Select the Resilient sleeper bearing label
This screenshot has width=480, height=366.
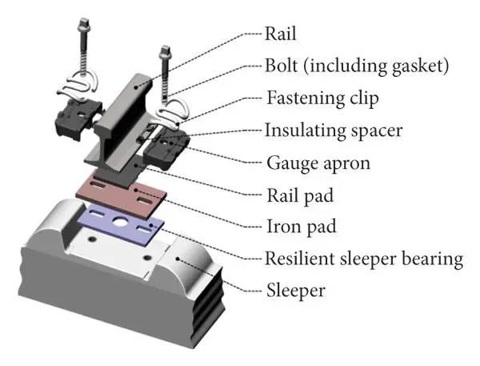click(x=364, y=259)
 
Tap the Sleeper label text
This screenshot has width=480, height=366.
click(x=295, y=290)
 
